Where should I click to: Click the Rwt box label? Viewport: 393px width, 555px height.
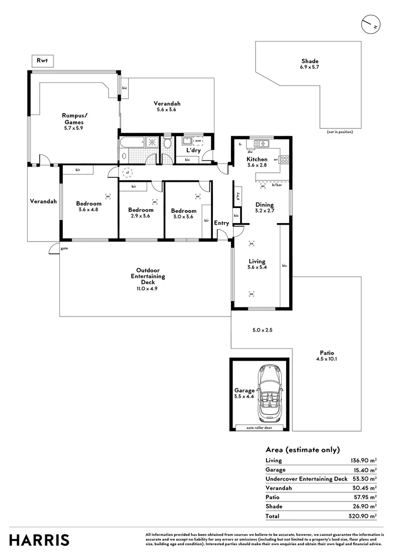[42, 61]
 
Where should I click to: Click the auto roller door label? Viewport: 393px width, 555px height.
[259, 428]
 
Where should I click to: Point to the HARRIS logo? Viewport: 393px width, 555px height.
[40, 540]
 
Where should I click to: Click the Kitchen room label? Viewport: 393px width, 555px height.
[258, 159]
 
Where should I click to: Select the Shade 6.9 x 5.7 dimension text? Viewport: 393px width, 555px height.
[310, 67]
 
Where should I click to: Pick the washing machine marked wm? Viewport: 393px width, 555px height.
[198, 140]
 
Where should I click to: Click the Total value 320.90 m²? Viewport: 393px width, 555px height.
[363, 515]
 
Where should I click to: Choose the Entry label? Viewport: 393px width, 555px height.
[221, 223]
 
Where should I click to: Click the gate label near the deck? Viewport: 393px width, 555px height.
[64, 248]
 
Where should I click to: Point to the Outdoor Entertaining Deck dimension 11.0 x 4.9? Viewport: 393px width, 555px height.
[148, 289]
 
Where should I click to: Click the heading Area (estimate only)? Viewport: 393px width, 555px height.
[302, 449]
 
